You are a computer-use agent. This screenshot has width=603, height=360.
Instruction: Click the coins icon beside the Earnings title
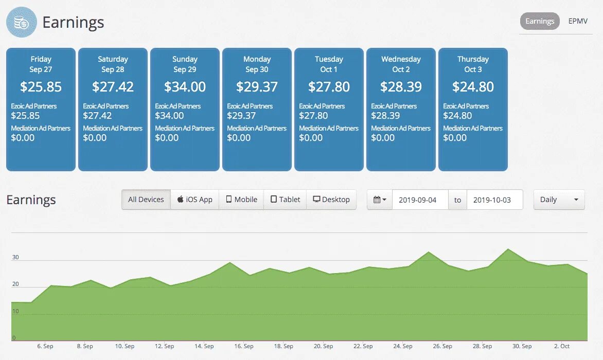(22, 23)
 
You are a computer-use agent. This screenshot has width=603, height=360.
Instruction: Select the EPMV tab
(578, 21)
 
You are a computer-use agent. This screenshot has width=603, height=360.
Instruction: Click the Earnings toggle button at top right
(540, 21)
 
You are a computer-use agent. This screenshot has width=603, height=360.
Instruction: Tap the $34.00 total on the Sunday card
(185, 87)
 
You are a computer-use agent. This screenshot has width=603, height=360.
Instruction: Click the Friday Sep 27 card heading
(41, 64)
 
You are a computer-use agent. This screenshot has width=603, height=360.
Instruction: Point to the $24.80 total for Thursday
(473, 87)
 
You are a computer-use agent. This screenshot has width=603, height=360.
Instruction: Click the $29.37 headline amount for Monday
(257, 87)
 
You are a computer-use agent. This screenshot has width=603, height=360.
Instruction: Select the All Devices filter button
(146, 200)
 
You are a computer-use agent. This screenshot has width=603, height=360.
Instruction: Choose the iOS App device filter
(195, 200)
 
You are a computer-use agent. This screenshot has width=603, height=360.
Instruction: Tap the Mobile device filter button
(241, 200)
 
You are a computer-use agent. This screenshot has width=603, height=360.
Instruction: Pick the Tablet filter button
(285, 200)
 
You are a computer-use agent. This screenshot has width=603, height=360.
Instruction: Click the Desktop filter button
(331, 200)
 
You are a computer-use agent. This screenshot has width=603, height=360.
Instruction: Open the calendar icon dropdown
(380, 200)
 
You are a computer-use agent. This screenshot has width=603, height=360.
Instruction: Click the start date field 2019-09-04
(420, 200)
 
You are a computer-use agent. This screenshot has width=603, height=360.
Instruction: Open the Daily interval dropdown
(559, 200)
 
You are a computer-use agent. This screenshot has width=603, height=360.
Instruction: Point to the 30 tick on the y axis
(15, 257)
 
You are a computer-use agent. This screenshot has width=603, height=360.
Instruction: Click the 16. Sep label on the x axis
(244, 346)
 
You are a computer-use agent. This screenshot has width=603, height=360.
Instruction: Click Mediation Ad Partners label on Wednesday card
(401, 128)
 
